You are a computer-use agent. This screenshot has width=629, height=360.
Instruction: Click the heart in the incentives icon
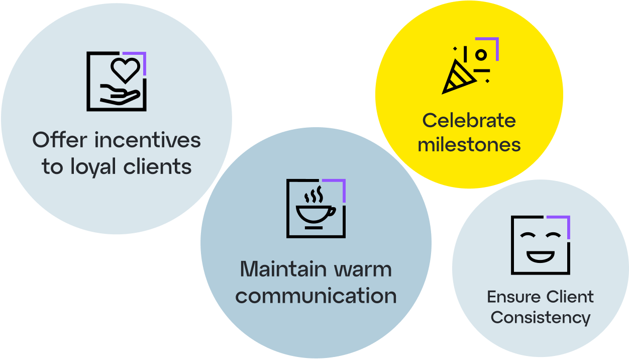(125, 70)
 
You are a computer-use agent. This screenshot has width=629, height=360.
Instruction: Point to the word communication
(316, 296)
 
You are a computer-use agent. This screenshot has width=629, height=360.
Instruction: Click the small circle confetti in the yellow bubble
(481, 54)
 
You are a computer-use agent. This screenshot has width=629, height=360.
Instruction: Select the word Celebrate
(469, 121)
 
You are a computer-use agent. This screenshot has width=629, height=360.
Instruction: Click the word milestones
(469, 145)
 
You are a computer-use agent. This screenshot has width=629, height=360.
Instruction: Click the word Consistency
(541, 318)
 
